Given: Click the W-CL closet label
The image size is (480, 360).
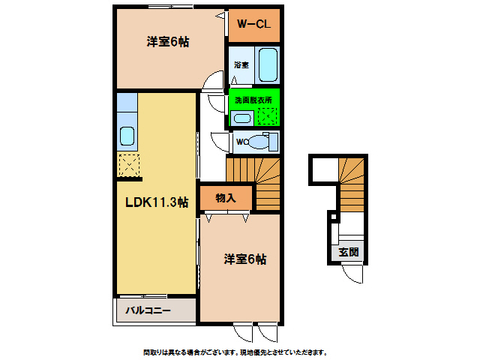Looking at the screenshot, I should (254, 25).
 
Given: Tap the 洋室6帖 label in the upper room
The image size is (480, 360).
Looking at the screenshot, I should (167, 42).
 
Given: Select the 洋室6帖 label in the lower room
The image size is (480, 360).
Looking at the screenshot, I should (244, 259).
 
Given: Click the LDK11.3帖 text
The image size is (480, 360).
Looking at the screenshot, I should (156, 202).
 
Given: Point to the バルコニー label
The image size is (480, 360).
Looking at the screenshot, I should (148, 310).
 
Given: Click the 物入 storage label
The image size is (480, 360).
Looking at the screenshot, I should (225, 198).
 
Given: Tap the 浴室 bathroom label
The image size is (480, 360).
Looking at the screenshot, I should (241, 65).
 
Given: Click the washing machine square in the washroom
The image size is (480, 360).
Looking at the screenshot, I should (268, 116).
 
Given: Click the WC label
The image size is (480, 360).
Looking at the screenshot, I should (241, 141).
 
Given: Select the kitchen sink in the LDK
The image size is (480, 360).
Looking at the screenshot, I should (127, 136).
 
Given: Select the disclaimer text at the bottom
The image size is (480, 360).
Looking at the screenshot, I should (235, 352).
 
